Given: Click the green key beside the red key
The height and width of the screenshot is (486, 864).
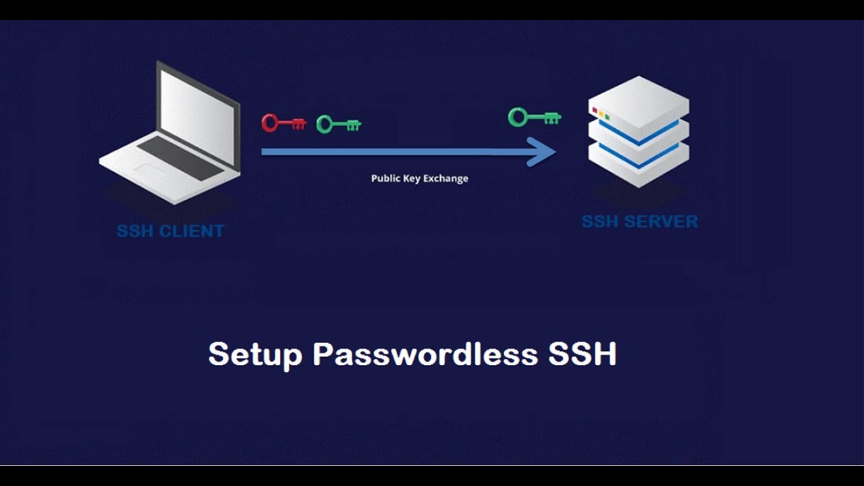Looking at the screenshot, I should click(338, 124).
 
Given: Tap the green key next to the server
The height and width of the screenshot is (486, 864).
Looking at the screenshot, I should click(534, 117).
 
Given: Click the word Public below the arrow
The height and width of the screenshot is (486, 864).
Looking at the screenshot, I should click(385, 179).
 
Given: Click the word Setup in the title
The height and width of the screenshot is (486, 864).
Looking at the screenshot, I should click(255, 354).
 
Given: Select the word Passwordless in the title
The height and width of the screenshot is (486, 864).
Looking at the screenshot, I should click(425, 354).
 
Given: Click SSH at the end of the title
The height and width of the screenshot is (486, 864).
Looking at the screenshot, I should click(583, 354).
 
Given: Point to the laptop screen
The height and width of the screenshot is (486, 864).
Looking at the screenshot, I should click(198, 115).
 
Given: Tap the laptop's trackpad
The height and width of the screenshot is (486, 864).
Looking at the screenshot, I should click(150, 169).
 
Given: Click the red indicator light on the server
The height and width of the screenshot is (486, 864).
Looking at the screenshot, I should click(595, 110).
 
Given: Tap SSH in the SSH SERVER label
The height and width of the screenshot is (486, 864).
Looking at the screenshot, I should click(600, 221).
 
